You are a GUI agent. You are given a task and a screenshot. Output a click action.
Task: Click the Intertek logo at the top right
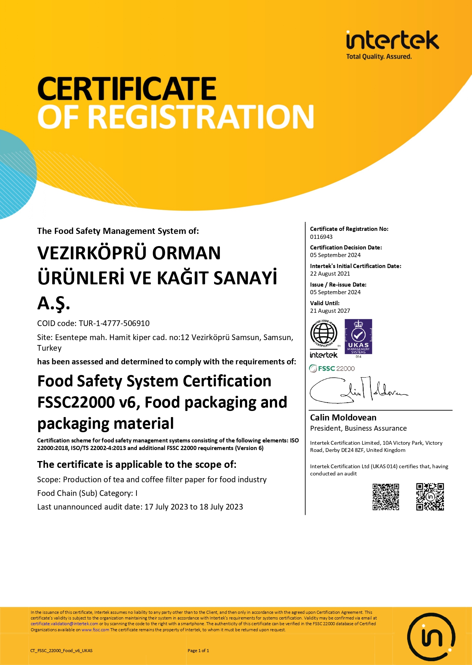392,45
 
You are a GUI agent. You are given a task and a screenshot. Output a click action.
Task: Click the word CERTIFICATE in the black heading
127,89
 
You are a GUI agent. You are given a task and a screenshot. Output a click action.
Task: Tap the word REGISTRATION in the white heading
203,117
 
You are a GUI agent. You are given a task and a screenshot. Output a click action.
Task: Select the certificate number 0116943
321,237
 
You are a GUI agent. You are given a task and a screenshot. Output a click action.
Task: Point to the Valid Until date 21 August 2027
330,311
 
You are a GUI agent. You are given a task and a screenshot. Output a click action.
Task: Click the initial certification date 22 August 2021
330,274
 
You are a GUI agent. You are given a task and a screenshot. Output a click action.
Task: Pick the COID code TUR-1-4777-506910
114,323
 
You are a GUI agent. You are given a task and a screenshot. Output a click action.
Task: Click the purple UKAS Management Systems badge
358,337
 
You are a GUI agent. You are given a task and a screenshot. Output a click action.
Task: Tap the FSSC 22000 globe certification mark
324,334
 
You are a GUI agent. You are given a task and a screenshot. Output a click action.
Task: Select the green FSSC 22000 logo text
332,369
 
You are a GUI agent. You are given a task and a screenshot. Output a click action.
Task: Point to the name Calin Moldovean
343,417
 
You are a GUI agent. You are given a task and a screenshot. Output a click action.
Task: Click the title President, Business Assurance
358,428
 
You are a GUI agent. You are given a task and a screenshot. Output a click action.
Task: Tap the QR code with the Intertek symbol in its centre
430,497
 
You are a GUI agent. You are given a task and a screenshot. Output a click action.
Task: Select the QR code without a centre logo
386,497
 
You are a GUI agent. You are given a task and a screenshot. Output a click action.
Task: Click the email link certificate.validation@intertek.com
64,624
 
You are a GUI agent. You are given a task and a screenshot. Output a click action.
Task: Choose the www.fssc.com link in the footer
95,630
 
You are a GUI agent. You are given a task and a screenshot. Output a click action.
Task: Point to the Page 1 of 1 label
198,651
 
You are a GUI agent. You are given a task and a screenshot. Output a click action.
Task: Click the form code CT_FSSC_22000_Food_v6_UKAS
61,651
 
